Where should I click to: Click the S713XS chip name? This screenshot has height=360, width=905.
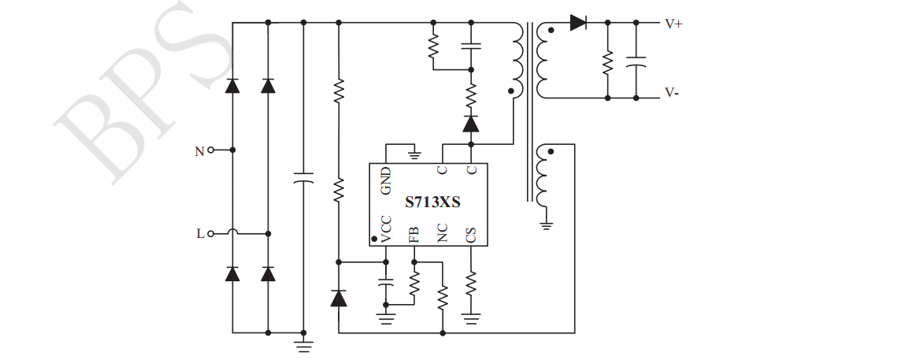(x=432, y=202)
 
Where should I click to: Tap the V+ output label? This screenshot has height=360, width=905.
(x=673, y=24)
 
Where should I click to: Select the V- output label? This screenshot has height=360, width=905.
(x=672, y=92)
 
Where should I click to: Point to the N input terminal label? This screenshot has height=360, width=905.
(x=199, y=150)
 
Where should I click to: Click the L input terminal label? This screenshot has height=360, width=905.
(x=200, y=233)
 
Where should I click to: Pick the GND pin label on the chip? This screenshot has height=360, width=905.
(x=385, y=180)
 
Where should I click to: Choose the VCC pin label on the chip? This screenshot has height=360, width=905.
(x=385, y=228)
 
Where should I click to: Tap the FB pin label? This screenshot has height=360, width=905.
(x=414, y=233)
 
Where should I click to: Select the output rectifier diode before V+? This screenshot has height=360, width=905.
(x=578, y=23)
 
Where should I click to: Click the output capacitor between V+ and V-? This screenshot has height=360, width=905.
(x=636, y=61)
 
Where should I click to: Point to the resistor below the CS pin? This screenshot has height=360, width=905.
(x=471, y=283)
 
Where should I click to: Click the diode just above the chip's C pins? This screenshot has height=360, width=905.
(x=471, y=124)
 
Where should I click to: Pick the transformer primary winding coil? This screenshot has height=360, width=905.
(x=517, y=59)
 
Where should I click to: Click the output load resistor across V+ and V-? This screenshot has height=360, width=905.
(x=607, y=62)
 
